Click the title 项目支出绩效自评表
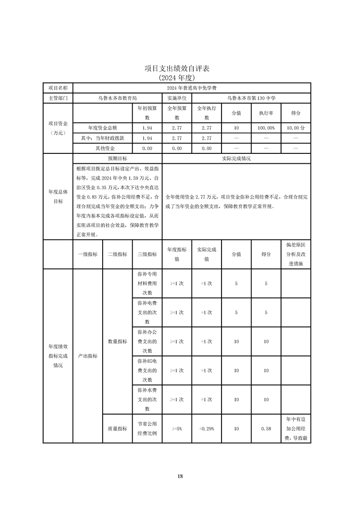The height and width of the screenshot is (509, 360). tap(177, 69)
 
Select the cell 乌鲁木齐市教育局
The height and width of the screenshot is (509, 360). tap(117, 98)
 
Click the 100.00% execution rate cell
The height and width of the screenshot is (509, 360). tap(266, 128)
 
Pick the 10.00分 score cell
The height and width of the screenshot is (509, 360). tap(296, 128)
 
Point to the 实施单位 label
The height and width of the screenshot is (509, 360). tap(177, 98)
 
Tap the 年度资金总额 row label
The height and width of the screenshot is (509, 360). tap(103, 128)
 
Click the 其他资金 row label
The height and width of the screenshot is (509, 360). tap(103, 148)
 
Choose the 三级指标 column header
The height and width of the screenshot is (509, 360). tap(147, 254)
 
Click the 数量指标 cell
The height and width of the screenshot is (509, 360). tap(117, 341)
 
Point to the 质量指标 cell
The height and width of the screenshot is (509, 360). tap(117, 428)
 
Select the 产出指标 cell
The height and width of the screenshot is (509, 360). tap(88, 356)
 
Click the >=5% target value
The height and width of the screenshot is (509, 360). tap(177, 428)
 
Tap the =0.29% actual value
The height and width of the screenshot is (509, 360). tap(207, 428)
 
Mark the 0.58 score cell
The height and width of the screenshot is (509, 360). tap(266, 428)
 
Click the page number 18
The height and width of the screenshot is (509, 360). tap(180, 476)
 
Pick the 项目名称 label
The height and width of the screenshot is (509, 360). tap(58, 88)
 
